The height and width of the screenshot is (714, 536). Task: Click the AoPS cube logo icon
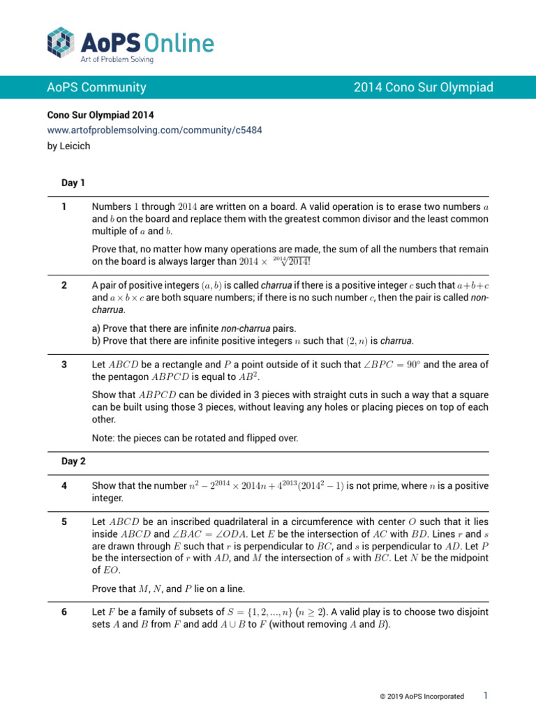[61, 42]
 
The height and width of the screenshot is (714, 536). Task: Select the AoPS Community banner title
[96, 88]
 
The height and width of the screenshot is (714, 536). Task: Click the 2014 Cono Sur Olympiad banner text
[423, 88]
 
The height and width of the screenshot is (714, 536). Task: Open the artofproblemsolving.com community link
[155, 130]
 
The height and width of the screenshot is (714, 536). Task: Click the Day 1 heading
[73, 183]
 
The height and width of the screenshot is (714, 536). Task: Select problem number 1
[64, 207]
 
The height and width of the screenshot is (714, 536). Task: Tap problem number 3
[64, 365]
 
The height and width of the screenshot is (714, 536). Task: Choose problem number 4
[64, 485]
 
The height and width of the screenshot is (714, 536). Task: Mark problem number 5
[64, 521]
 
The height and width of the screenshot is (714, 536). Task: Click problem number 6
[64, 612]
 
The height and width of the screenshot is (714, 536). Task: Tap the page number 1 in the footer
[485, 695]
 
